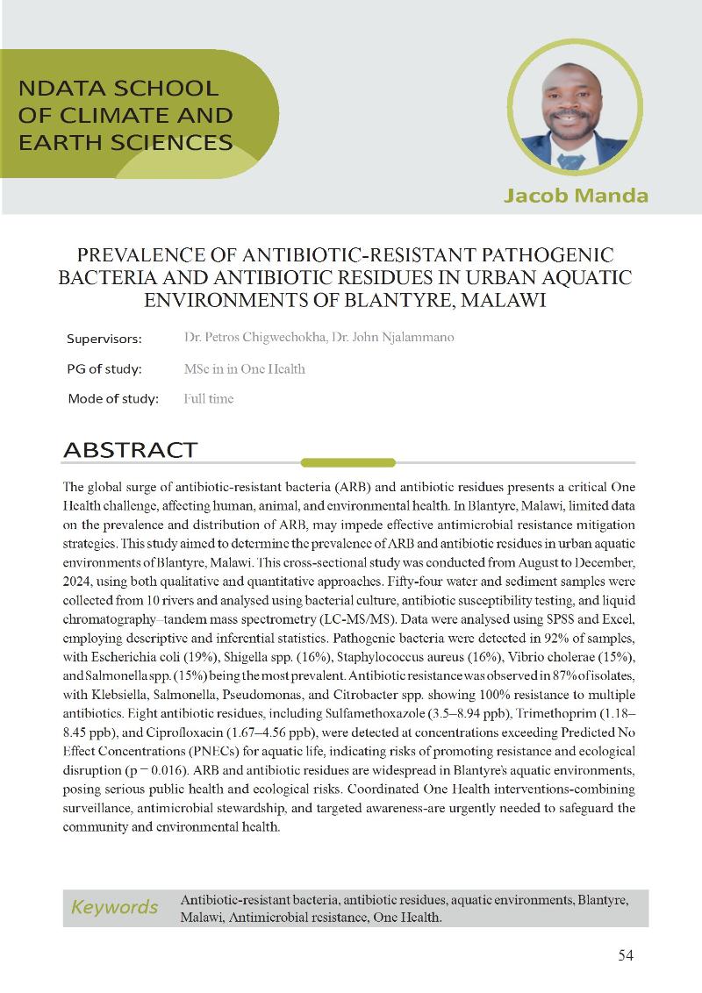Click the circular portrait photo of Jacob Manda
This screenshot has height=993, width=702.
576,106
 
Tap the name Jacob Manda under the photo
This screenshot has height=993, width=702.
576,195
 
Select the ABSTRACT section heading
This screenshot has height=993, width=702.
130,450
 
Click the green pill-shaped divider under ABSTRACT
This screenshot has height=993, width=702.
348,462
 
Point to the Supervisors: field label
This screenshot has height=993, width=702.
104,339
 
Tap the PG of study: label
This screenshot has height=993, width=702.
104,368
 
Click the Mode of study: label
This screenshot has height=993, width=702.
113,398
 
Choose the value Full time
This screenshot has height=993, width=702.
209,398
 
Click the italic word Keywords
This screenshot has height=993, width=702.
114,907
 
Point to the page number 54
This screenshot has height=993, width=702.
626,955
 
